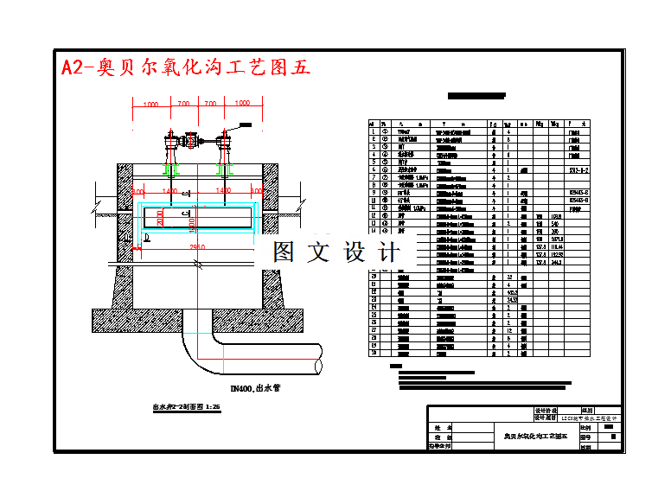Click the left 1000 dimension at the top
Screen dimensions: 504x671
click(151, 104)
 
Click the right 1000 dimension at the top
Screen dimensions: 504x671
click(242, 104)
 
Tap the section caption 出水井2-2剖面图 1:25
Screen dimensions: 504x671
click(186, 405)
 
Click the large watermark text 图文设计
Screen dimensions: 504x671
click(336, 252)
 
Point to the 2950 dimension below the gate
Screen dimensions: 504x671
click(198, 247)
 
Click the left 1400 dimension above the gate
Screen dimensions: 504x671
click(169, 190)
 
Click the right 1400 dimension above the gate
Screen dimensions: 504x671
click(223, 190)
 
